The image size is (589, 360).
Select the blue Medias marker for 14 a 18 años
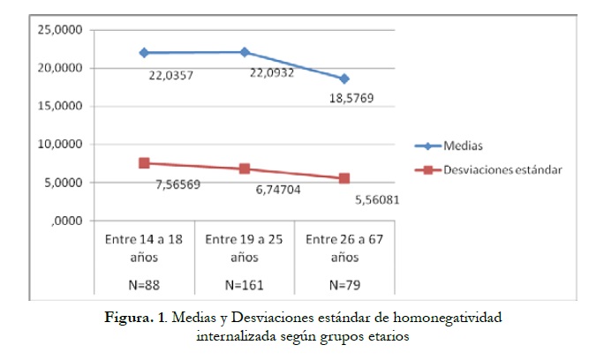144,53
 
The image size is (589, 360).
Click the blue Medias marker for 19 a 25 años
244,52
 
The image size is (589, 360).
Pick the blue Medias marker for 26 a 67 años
344,79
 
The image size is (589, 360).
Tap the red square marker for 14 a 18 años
144,163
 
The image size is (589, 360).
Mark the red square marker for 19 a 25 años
244,169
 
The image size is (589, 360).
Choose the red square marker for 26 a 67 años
344,178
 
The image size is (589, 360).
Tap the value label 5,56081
374,199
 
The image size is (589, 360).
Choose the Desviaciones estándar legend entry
500,168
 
